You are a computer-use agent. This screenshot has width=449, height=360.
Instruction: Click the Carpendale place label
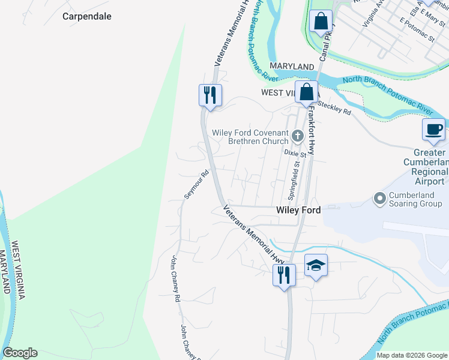[x=87, y=17]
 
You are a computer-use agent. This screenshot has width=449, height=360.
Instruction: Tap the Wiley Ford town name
[x=298, y=211]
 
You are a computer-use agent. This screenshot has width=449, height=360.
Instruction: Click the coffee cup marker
[x=433, y=130]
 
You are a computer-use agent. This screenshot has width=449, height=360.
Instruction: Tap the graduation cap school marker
[x=316, y=265]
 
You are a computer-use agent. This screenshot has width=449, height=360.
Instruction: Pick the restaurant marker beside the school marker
[x=284, y=275]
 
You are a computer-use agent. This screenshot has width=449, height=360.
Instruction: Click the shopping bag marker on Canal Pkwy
[x=321, y=22]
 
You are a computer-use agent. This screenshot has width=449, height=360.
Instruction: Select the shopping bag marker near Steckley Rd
[x=306, y=92]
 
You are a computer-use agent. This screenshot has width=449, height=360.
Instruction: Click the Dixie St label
[x=295, y=154]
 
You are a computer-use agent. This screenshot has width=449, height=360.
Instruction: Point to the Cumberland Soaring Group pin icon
[x=379, y=197]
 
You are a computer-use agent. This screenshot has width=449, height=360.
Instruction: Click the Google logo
[x=20, y=353]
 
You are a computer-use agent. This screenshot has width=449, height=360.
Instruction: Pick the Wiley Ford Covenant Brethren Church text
[x=250, y=137]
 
